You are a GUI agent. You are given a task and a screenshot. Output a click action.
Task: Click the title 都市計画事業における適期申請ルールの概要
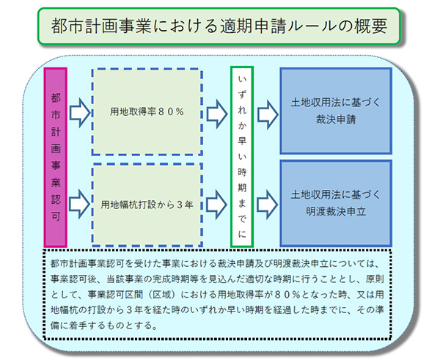pos(219,26)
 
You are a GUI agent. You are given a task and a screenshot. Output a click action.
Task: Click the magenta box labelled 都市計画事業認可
pos(56,158)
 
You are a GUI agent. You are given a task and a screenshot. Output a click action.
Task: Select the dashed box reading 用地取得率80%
pos(147,111)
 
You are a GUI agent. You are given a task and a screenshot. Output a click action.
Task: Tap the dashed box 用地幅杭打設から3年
pos(147,205)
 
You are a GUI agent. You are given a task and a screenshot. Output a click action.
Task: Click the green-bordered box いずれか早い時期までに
pos(242,157)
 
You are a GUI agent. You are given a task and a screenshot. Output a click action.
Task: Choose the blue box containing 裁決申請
pos(336,111)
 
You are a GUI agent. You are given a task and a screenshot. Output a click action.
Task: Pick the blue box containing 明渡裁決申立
pos(336,203)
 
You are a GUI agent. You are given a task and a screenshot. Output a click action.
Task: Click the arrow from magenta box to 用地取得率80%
pos(80,113)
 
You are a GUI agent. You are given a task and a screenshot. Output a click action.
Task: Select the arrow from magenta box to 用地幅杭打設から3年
pos(80,205)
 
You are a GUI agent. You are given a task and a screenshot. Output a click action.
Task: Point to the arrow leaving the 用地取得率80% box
pos(217,114)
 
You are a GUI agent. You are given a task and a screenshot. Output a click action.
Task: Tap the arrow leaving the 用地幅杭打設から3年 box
pos(217,205)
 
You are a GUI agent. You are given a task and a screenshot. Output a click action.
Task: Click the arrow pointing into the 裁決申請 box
pos(268,114)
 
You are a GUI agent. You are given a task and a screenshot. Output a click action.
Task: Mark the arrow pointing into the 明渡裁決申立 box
pos(268,205)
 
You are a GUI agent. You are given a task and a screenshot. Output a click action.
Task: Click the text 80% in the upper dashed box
pos(171,112)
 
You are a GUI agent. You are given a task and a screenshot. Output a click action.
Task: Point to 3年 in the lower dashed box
pos(185,205)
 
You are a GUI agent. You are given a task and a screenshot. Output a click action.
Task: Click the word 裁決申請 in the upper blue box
pos(336,120)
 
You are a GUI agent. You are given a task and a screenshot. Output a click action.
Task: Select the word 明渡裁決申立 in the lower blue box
pos(336,212)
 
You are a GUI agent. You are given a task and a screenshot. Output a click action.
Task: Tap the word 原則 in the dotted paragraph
pos(375,279)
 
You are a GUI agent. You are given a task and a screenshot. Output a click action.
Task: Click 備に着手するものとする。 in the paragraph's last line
pos(103,326)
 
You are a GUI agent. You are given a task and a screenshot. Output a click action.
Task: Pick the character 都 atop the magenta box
pos(56,98)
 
